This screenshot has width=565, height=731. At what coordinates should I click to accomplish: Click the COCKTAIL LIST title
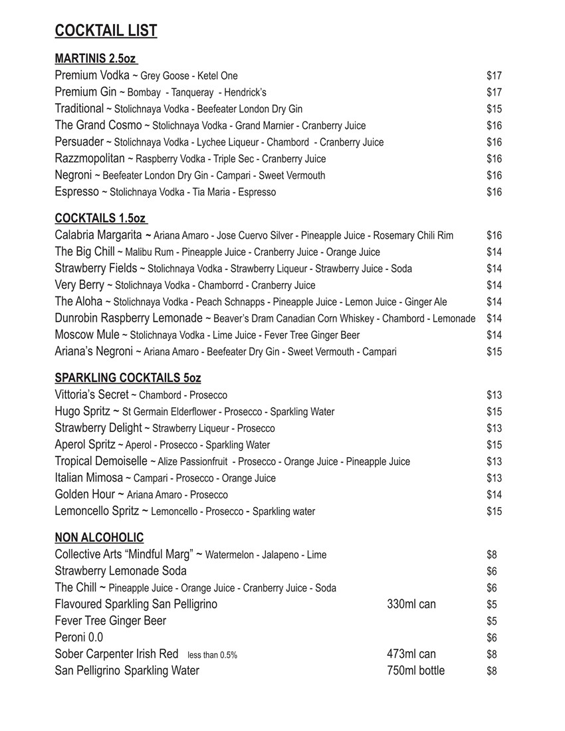point(106,31)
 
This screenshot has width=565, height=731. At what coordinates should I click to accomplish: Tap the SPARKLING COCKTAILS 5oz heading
point(128,378)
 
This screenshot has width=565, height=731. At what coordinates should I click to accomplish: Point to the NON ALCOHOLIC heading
point(99,538)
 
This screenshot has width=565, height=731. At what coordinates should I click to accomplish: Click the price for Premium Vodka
point(494,76)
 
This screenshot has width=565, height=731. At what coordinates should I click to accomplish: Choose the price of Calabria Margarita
point(494,235)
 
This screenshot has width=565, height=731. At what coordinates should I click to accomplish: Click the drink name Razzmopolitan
point(90,159)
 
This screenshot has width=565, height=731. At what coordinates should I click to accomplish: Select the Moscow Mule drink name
point(87,335)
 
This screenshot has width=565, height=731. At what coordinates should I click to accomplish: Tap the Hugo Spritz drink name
point(83,411)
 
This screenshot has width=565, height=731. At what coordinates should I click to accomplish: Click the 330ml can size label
point(411,604)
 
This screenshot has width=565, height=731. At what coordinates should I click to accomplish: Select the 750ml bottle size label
point(415,671)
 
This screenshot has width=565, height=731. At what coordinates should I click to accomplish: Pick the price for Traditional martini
point(494,109)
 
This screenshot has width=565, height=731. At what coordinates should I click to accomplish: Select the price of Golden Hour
point(494,494)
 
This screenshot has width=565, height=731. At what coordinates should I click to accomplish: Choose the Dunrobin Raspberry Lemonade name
point(128,318)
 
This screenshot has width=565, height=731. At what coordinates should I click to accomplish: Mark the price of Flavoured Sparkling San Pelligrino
point(492,604)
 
